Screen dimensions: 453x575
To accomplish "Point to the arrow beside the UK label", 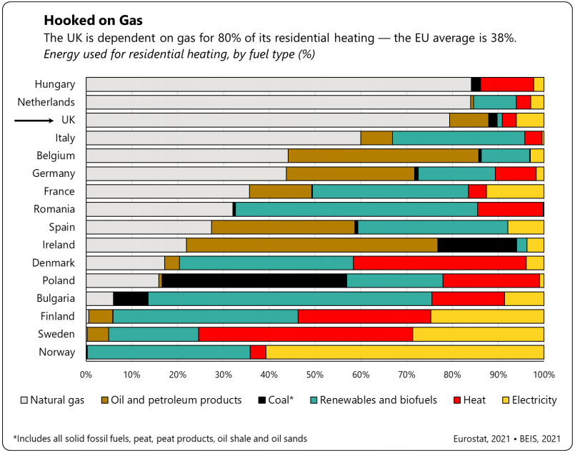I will [34, 120].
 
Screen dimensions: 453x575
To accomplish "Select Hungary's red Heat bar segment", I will [507, 84].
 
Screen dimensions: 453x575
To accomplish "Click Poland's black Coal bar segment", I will [254, 280].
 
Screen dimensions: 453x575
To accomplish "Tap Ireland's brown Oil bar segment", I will [311, 245].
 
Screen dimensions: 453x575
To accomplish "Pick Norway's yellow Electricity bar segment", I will [404, 352].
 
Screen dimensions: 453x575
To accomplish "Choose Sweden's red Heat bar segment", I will [305, 334].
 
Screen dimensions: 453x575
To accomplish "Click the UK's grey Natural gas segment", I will [268, 120].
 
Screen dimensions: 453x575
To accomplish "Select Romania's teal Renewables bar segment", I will [356, 209].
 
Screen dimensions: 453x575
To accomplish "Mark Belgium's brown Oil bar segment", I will [383, 156].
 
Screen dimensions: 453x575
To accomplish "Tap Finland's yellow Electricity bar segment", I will [487, 316].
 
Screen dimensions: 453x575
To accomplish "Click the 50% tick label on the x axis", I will [315, 374].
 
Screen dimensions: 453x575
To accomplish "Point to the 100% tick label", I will [544, 374].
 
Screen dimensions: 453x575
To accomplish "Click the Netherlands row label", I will [46, 102].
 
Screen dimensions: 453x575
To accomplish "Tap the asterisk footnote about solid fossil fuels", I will [160, 439].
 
